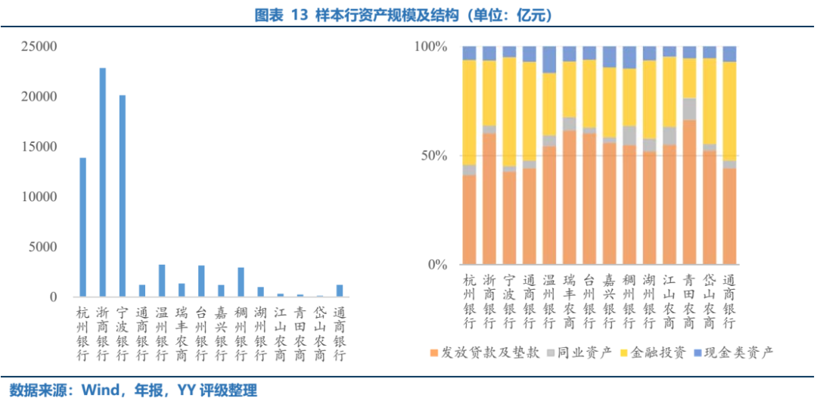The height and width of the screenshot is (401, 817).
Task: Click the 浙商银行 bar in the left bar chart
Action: [103, 182]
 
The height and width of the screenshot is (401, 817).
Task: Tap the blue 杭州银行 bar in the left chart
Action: [83, 227]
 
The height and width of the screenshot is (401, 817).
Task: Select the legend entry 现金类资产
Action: [738, 353]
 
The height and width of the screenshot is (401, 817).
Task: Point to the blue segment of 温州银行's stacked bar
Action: [549, 59]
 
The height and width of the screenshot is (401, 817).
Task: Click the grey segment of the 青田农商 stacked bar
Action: [689, 109]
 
